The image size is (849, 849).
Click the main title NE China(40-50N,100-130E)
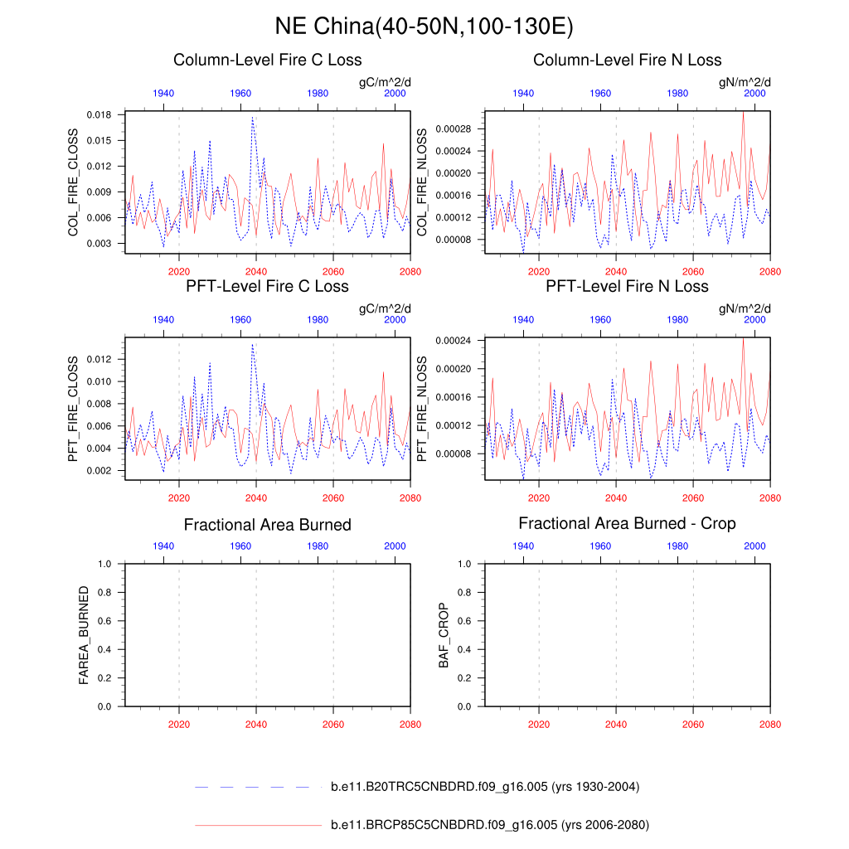[x=424, y=27]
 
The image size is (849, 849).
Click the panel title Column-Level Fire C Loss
[x=267, y=60]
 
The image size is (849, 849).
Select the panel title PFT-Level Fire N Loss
[x=627, y=286]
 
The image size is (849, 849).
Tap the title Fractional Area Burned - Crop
[x=627, y=524]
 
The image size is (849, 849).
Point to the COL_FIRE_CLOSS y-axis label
[x=73, y=182]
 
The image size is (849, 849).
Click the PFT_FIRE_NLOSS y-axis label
[x=421, y=410]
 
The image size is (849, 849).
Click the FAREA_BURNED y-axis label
[x=83, y=635]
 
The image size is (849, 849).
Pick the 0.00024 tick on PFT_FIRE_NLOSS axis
[x=453, y=341]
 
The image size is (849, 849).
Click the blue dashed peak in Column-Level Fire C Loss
[x=252, y=118]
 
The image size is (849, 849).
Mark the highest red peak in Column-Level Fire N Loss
[x=743, y=113]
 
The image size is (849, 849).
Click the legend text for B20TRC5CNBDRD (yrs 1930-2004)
[x=484, y=787]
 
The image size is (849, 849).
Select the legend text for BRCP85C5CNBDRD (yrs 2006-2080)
[x=489, y=825]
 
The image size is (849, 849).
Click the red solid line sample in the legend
[x=257, y=825]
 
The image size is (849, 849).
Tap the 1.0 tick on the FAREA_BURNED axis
[x=104, y=564]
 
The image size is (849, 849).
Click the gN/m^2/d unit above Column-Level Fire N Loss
[x=745, y=81]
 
